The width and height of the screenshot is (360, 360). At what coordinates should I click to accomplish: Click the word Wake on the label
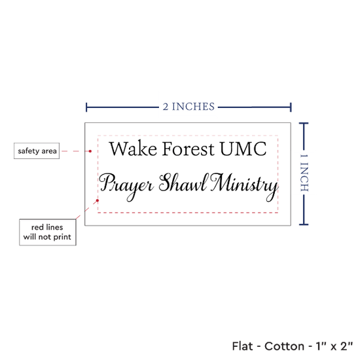pyautogui.click(x=133, y=149)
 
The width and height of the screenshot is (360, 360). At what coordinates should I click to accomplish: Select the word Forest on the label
pyautogui.click(x=189, y=149)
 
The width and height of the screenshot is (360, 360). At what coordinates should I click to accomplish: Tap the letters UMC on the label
pyautogui.click(x=243, y=149)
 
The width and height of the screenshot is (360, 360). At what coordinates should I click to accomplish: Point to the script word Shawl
pyautogui.click(x=184, y=183)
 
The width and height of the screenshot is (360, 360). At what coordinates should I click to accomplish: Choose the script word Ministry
pyautogui.click(x=244, y=187)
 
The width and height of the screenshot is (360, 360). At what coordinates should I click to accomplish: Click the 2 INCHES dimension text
pyautogui.click(x=189, y=107)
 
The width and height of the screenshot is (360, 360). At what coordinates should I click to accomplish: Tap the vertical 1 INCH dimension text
pyautogui.click(x=304, y=173)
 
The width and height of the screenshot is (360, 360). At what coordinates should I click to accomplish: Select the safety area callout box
pyautogui.click(x=37, y=151)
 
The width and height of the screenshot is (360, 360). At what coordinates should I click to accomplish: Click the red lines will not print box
pyautogui.click(x=48, y=232)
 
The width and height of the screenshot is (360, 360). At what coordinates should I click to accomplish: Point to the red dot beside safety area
pyautogui.click(x=90, y=151)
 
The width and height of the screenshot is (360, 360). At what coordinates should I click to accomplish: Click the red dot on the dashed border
pyautogui.click(x=98, y=200)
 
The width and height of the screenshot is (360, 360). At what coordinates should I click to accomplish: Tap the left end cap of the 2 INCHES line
pyautogui.click(x=86, y=107)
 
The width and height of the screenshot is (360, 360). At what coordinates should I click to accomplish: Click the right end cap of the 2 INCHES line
pyautogui.click(x=291, y=107)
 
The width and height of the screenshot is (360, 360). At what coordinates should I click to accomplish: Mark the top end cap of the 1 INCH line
pyautogui.click(x=304, y=123)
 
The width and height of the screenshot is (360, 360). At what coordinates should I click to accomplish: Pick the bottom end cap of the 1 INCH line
pyautogui.click(x=304, y=225)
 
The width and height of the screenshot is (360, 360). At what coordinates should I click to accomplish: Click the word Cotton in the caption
pyautogui.click(x=284, y=346)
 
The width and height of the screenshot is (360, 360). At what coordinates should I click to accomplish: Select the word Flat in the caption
pyautogui.click(x=242, y=346)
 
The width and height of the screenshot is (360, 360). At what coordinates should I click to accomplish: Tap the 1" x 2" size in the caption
pyautogui.click(x=334, y=346)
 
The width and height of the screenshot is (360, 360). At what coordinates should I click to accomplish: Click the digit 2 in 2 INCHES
pyautogui.click(x=166, y=107)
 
